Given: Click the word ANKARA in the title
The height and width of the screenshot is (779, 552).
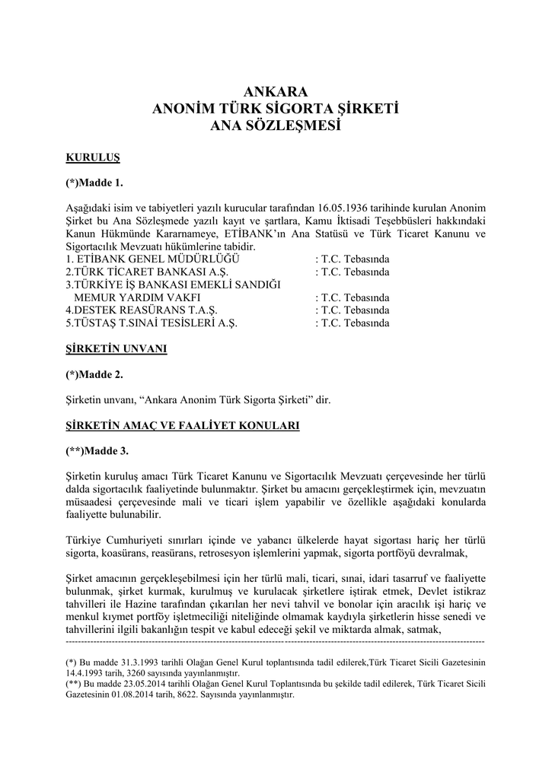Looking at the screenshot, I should [x=276, y=93].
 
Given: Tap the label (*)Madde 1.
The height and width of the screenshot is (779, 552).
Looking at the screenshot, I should [x=94, y=183].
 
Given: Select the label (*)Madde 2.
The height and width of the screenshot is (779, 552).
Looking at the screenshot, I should [x=94, y=374].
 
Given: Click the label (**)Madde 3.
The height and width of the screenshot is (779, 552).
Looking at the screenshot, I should [x=97, y=451].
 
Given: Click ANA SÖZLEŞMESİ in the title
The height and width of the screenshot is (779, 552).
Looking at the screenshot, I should [x=276, y=126].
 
